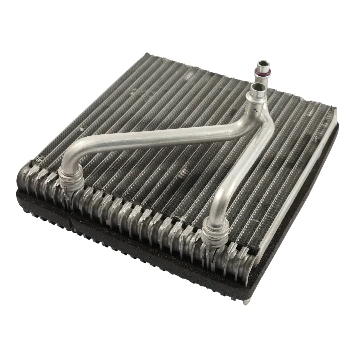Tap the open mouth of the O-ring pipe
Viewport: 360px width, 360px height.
click(x=263, y=63)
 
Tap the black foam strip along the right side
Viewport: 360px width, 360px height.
click(x=300, y=217)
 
